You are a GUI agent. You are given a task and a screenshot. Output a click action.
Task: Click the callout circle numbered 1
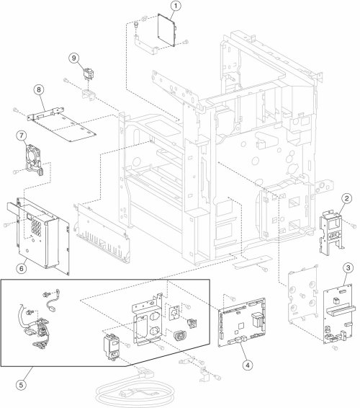[x=176, y=6]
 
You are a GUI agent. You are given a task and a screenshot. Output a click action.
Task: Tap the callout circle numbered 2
[x=347, y=198]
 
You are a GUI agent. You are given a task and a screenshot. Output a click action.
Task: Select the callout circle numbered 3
[x=348, y=267]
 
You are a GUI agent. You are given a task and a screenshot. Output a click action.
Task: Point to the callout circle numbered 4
[x=248, y=365]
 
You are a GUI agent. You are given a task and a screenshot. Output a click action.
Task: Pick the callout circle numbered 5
[x=22, y=385]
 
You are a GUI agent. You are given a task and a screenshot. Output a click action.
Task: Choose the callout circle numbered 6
[x=22, y=268]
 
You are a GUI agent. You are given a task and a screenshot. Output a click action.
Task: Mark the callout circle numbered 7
[x=22, y=136]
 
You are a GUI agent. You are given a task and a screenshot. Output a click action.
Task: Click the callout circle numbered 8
[x=39, y=90]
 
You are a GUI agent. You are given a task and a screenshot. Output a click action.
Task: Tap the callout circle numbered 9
[x=74, y=58]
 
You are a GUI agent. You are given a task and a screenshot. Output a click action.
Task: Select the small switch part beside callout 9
[x=88, y=73]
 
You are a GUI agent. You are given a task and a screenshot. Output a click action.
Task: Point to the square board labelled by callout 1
[x=167, y=30]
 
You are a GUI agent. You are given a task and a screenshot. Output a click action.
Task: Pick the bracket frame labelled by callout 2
[x=331, y=231]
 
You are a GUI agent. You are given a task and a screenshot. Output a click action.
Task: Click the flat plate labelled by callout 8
[x=61, y=123]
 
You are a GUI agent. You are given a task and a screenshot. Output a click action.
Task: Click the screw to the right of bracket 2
[x=354, y=226]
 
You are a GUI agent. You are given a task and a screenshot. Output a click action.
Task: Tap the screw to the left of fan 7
[x=15, y=172]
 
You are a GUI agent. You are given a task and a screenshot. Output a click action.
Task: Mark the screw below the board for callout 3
[x=335, y=347]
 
